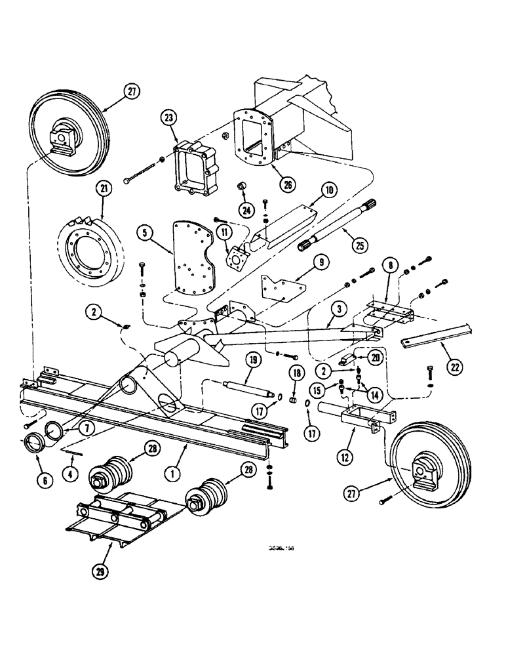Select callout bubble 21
coord(104,190)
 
